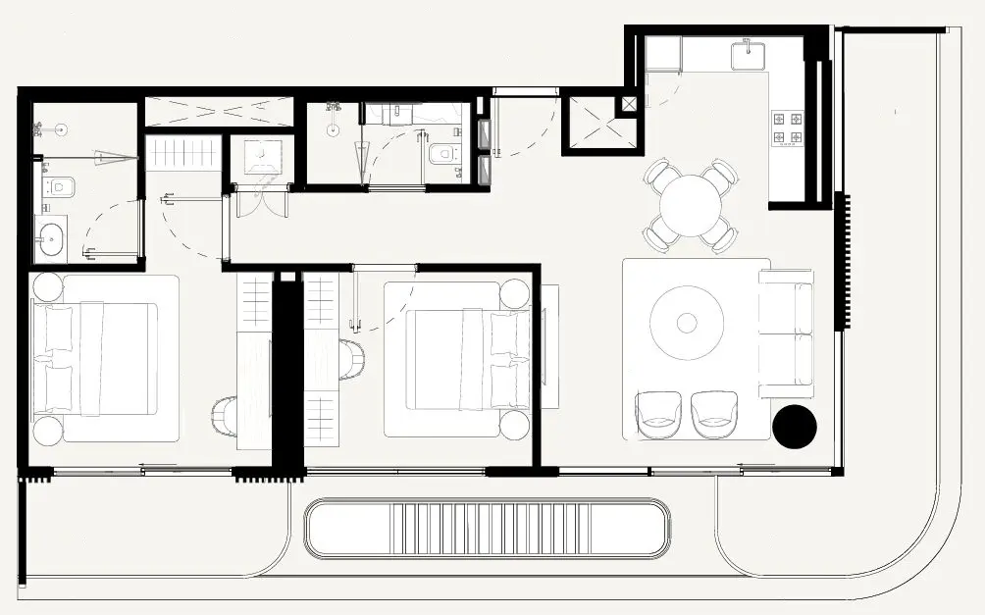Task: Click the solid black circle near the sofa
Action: click(x=794, y=425)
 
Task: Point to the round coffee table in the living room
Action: click(x=687, y=323)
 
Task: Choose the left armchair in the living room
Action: click(x=657, y=414)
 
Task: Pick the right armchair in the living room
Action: click(x=713, y=414)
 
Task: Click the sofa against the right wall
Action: click(x=788, y=333)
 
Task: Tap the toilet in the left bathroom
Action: click(x=58, y=185)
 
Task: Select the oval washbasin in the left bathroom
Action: click(x=50, y=238)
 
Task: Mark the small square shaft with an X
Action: click(x=628, y=103)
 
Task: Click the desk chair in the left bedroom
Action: click(x=225, y=414)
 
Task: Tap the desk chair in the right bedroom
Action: click(x=350, y=358)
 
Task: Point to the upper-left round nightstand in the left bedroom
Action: click(x=46, y=285)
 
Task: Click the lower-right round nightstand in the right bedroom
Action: click(x=515, y=424)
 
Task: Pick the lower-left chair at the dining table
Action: click(x=657, y=236)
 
